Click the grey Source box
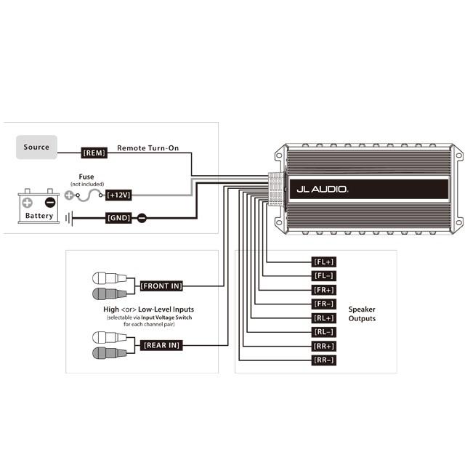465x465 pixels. pyautogui.click(x=36, y=147)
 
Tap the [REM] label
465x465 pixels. pyautogui.click(x=94, y=153)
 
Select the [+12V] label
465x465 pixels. pyautogui.click(x=118, y=195)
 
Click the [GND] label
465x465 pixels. pyautogui.click(x=118, y=218)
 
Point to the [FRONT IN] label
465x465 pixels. pyautogui.click(x=161, y=286)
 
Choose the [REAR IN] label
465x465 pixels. pyautogui.click(x=161, y=345)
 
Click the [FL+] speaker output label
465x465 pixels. pyautogui.click(x=323, y=262)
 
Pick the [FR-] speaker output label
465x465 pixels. pyautogui.click(x=323, y=304)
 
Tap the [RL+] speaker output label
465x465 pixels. pyautogui.click(x=323, y=318)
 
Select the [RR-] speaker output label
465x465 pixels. pyautogui.click(x=323, y=360)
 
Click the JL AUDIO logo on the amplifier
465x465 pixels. pyautogui.click(x=323, y=189)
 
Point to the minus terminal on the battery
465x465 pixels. pyautogui.click(x=50, y=203)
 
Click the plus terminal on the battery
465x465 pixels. pyautogui.click(x=28, y=203)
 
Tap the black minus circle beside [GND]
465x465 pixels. pyautogui.click(x=142, y=218)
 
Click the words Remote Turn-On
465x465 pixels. pyautogui.click(x=148, y=147)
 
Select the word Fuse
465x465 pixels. pyautogui.click(x=86, y=177)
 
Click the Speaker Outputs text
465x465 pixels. pyautogui.click(x=362, y=314)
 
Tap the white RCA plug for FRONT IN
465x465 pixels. pyautogui.click(x=109, y=278)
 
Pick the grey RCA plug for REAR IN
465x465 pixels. pyautogui.click(x=109, y=353)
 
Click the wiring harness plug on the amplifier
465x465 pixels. pyautogui.click(x=276, y=189)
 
